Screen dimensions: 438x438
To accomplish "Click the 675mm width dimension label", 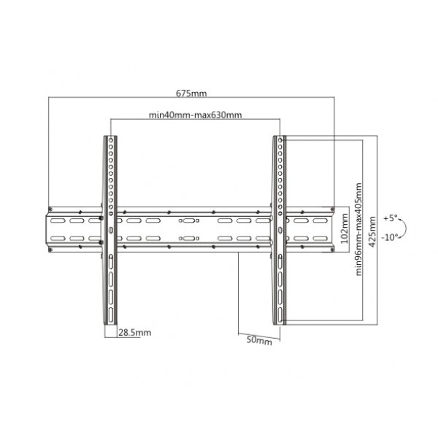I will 192,93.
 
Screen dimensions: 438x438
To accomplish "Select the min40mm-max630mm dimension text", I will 195,115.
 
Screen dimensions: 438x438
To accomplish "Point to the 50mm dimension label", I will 259,340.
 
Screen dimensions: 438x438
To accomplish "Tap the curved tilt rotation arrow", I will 405,228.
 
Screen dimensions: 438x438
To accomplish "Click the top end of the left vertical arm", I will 111,137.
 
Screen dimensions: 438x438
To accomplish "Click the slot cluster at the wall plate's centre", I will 187,228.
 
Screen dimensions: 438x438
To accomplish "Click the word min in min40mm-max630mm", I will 156,115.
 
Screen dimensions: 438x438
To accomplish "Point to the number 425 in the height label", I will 373,237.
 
